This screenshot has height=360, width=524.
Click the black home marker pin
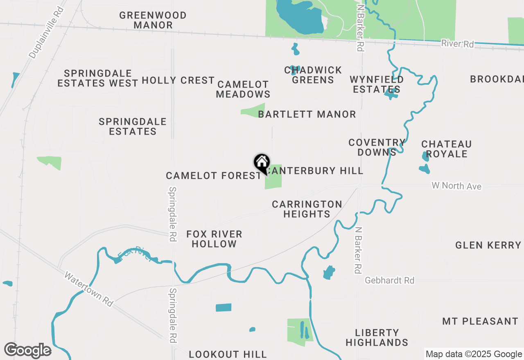[x=262, y=163]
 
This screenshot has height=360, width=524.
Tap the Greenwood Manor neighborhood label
[x=153, y=20]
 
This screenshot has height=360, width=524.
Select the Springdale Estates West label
[x=98, y=78]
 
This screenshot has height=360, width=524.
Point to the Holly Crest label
[x=178, y=80]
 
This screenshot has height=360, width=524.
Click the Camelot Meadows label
[x=243, y=89]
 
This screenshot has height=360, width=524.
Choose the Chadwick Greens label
[x=313, y=75]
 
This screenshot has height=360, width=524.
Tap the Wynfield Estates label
[x=377, y=84]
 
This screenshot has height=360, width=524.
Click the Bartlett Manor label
[x=307, y=114]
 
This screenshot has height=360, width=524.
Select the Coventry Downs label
[x=377, y=147]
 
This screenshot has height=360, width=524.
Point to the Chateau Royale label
[x=447, y=149]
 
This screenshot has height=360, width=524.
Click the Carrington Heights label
[x=307, y=209]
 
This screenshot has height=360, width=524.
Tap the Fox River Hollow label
[x=215, y=239]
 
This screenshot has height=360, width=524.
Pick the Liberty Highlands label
[x=377, y=337]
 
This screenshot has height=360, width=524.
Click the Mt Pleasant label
[x=480, y=321]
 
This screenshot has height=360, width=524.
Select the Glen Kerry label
[x=488, y=245]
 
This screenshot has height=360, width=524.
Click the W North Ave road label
[x=456, y=186]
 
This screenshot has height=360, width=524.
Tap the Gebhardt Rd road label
[x=389, y=280]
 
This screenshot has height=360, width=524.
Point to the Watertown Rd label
[x=88, y=289]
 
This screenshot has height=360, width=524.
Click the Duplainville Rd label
[x=47, y=32]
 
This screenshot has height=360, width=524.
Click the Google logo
[x=27, y=350]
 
